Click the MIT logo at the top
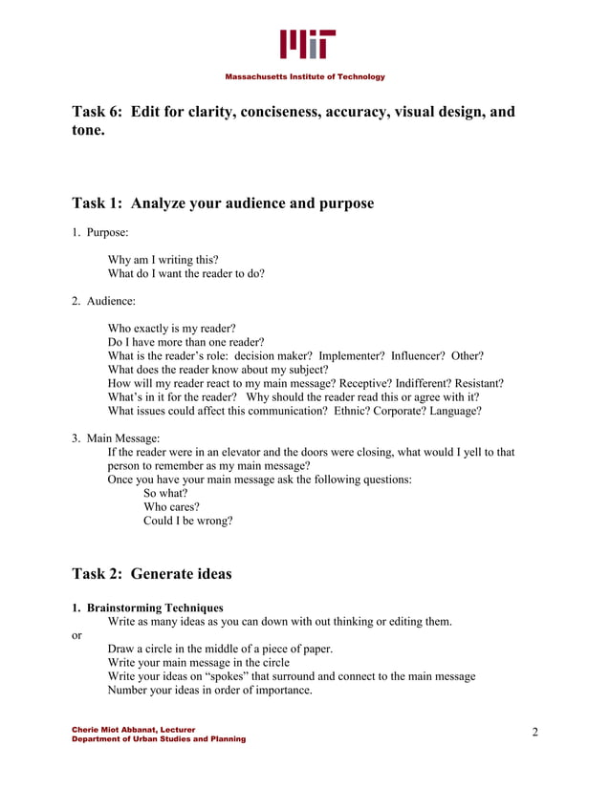[307, 44]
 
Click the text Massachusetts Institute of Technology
[305, 76]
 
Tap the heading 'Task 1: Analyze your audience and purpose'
[223, 203]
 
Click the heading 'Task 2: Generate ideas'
[152, 574]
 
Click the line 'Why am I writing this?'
[163, 259]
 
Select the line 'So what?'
[165, 494]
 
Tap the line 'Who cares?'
[171, 507]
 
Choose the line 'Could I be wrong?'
[187, 521]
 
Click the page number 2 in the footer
[535, 733]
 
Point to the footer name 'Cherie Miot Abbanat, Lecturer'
[134, 730]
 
